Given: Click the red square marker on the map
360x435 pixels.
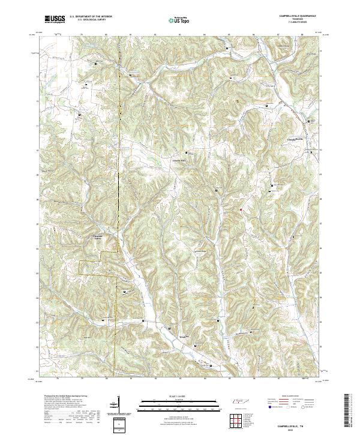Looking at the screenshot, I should [241, 209].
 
